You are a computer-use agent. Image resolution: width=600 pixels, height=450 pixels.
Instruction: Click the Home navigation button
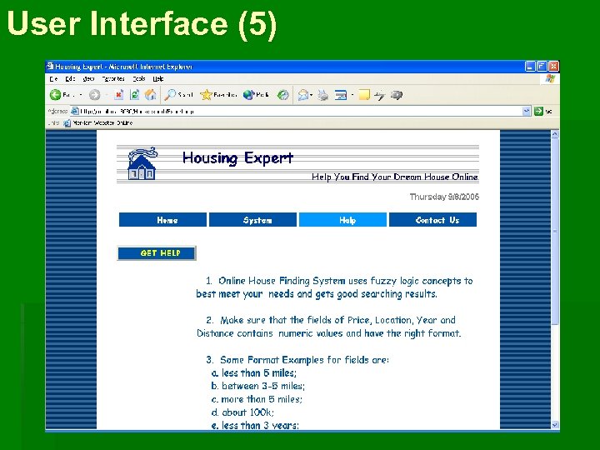tap(167, 220)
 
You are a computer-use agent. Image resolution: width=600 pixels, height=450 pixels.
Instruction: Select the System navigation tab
tap(257, 220)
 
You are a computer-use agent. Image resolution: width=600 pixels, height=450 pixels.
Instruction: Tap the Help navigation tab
tap(347, 220)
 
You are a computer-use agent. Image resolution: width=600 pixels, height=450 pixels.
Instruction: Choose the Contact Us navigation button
tap(437, 220)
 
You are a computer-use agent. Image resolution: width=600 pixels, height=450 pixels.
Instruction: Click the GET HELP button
tap(160, 252)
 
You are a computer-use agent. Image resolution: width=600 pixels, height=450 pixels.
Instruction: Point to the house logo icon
tap(141, 164)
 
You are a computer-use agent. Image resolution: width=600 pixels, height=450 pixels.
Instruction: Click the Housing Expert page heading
tap(237, 157)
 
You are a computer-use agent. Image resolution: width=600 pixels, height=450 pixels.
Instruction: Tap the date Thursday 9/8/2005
tap(444, 197)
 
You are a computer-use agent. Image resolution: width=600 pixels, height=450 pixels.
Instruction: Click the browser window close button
tap(553, 67)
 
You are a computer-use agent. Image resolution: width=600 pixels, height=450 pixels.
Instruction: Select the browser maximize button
tap(542, 67)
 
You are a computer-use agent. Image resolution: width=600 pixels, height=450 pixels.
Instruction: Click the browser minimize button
tap(530, 67)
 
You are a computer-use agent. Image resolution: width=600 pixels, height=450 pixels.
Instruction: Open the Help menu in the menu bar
tap(157, 79)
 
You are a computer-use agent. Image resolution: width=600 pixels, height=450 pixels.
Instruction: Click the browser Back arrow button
tap(56, 95)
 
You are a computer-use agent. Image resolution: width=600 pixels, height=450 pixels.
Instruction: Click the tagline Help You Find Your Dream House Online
tap(394, 177)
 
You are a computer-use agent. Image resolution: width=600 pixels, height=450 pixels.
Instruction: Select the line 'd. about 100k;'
tap(242, 412)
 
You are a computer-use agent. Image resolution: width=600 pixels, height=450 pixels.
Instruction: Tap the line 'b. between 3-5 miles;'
tap(257, 386)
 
